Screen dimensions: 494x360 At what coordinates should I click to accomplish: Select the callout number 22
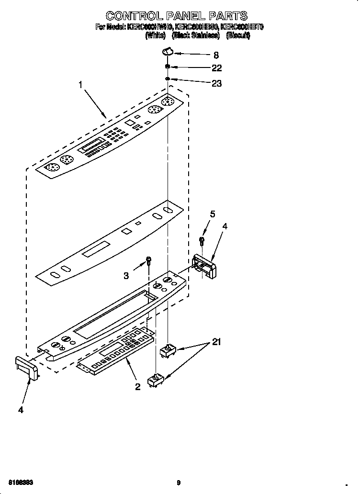click(x=216, y=68)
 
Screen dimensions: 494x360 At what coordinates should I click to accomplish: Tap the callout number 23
click(x=216, y=83)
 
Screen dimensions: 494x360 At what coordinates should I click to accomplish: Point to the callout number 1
click(x=81, y=85)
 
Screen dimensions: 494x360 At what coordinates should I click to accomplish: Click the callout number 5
click(x=213, y=214)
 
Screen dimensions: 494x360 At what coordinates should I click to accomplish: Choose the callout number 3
click(x=126, y=275)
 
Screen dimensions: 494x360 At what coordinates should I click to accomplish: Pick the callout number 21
click(x=217, y=342)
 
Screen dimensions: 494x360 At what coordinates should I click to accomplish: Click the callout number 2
click(x=137, y=387)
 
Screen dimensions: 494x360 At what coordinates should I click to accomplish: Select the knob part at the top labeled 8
click(x=167, y=51)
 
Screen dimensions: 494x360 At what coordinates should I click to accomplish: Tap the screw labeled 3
click(x=149, y=260)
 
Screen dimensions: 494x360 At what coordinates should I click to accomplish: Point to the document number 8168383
click(x=21, y=483)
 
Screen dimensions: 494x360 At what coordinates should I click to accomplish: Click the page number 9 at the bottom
click(x=178, y=483)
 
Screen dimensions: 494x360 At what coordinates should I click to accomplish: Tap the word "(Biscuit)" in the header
click(x=238, y=35)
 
